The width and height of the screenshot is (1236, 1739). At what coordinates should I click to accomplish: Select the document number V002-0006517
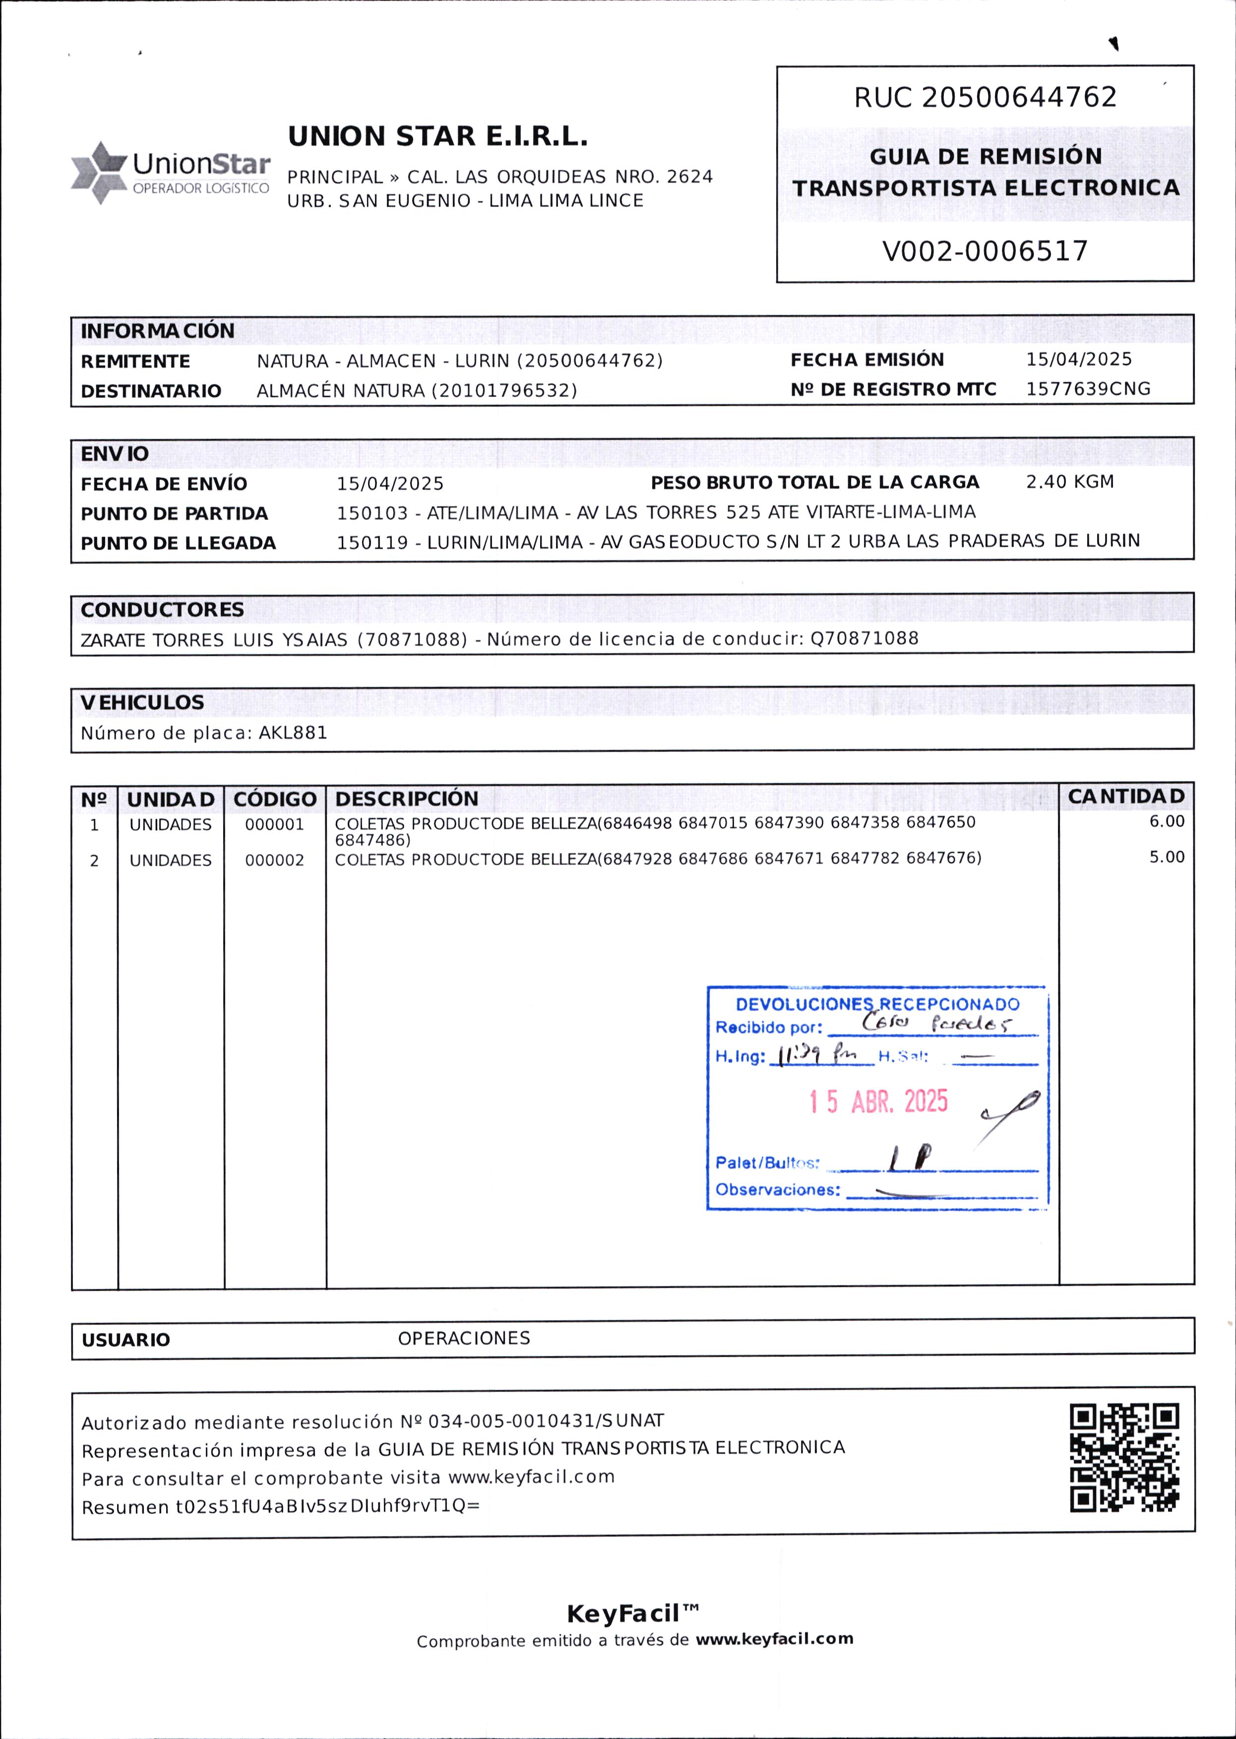[985, 251]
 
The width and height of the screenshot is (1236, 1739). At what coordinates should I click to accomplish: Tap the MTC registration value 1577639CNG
[1088, 389]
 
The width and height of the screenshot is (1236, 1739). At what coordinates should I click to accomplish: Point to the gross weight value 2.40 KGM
[1069, 482]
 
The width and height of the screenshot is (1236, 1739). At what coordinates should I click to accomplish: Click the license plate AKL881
[293, 733]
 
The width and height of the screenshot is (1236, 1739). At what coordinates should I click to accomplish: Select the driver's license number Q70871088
[864, 638]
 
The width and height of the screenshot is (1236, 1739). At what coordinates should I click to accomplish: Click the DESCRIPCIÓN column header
[406, 799]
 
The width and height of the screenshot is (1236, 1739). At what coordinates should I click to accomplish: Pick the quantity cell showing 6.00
[1166, 821]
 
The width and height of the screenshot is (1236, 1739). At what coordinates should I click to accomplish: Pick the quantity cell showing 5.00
[1166, 857]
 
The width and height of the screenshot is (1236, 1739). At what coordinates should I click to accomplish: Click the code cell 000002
[274, 860]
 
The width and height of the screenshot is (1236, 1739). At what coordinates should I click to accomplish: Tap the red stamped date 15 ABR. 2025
[878, 1101]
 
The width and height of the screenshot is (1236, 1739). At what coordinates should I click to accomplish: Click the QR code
[1124, 1457]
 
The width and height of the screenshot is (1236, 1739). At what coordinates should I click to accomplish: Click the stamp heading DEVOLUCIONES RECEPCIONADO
[877, 1004]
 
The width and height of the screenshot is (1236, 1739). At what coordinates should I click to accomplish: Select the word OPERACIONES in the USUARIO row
[463, 1338]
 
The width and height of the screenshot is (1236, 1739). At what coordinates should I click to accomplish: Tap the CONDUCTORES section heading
[162, 610]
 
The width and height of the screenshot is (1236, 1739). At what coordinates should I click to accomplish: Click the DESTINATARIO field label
[151, 391]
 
